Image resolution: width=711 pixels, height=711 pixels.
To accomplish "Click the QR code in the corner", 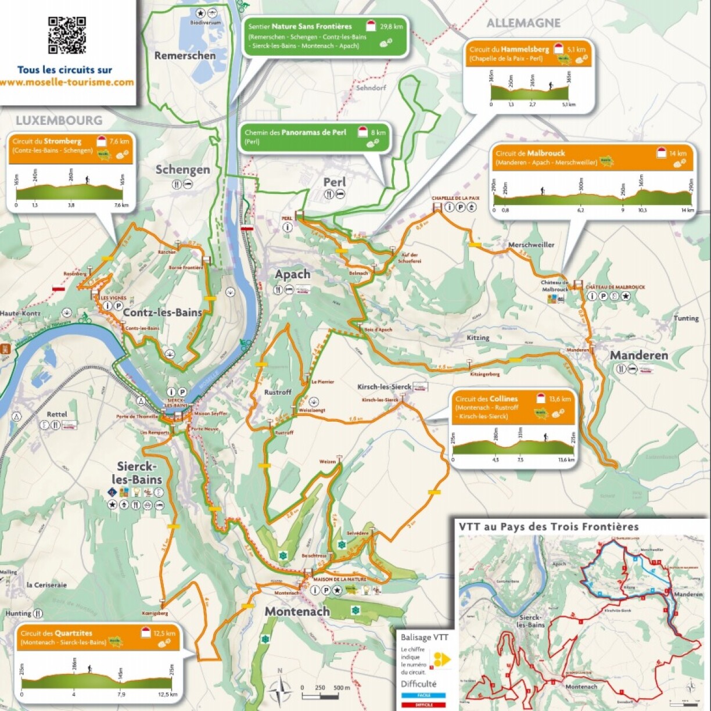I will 67,35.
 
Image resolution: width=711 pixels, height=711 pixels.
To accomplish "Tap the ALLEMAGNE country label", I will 523,23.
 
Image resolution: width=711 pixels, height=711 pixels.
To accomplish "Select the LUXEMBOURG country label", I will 59,121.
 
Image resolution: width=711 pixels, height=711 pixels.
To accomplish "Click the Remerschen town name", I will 185,56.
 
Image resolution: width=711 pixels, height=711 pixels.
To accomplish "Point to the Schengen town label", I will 182,170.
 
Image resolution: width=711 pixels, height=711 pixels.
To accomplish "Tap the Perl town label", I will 335,182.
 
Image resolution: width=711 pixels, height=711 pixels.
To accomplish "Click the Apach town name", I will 293,274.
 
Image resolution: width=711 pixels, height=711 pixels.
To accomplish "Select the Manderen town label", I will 638,355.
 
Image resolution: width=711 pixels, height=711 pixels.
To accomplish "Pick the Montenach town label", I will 297,611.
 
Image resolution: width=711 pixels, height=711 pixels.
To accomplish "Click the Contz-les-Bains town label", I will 162,313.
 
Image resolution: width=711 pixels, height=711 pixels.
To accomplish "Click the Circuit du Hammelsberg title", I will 509,50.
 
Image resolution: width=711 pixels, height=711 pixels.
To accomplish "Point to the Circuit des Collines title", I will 486,399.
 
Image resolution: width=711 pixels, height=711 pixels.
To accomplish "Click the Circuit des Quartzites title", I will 56,633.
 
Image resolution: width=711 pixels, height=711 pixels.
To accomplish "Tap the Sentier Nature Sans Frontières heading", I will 300,27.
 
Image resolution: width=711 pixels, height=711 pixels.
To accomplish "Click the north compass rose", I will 280,690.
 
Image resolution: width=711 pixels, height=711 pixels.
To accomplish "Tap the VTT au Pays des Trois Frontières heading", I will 548,527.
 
